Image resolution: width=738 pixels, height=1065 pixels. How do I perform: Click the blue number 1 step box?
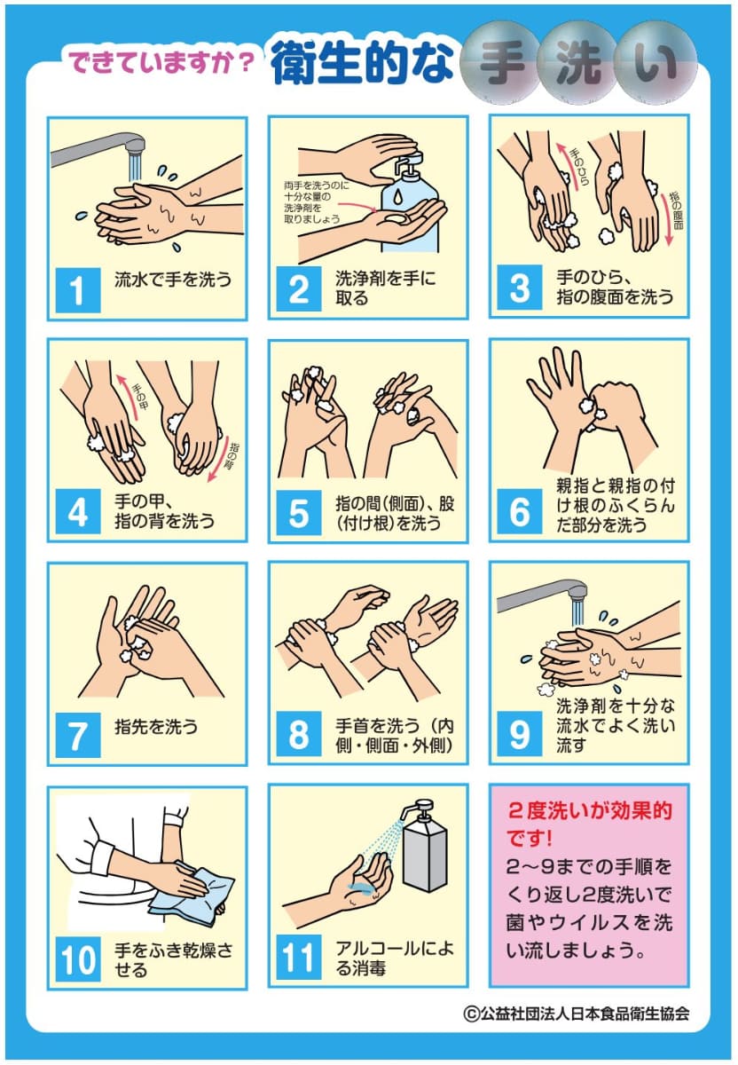[x=78, y=289]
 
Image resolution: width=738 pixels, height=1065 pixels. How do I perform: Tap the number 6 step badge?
[x=520, y=512]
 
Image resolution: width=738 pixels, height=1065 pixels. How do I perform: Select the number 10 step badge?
[x=78, y=958]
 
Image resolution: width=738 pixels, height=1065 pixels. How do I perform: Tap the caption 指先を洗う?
[x=156, y=727]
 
